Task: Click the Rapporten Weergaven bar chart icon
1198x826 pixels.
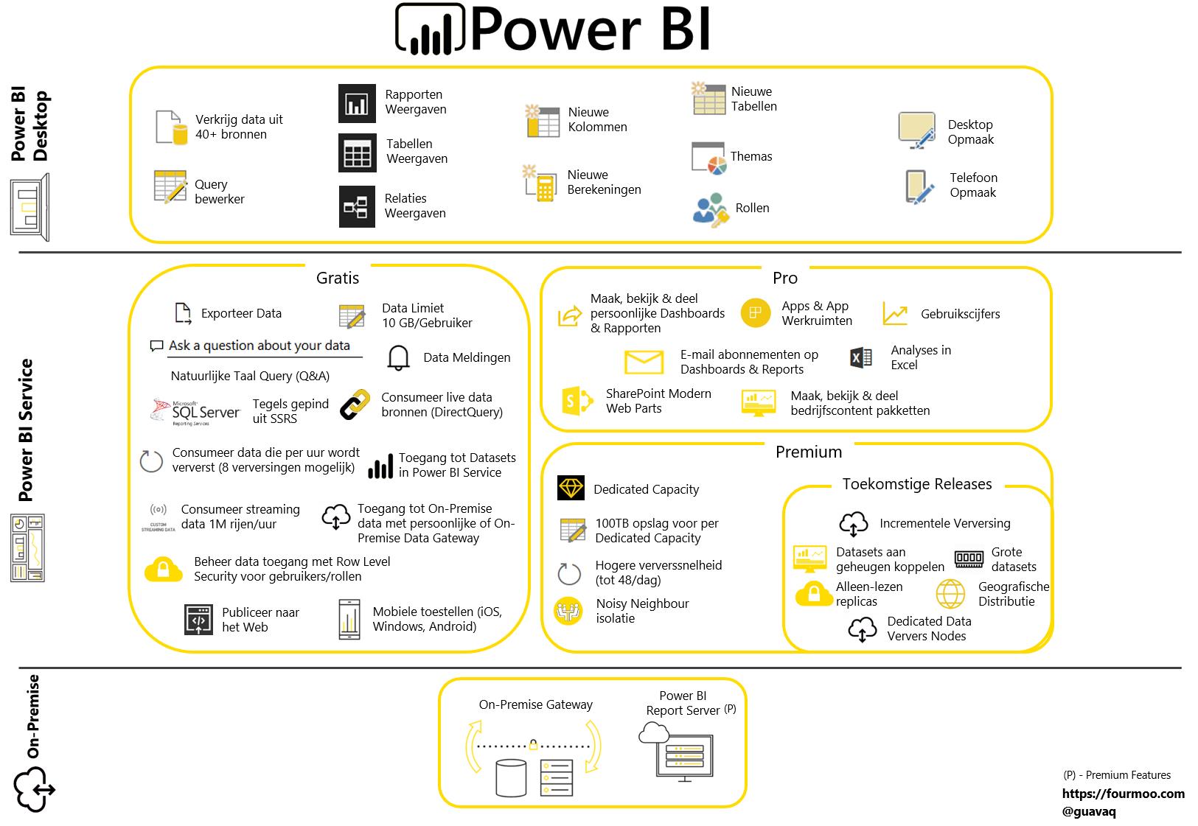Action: point(357,103)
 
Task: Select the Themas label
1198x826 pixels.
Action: point(751,156)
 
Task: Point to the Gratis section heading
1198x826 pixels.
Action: point(338,278)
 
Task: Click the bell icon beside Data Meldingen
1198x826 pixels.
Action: point(398,357)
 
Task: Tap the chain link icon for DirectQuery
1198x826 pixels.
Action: point(355,405)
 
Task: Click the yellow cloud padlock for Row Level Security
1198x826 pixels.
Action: point(164,569)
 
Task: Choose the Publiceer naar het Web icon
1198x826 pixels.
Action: point(198,620)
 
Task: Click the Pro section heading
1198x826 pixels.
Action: point(785,278)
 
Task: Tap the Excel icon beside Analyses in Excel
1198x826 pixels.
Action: point(860,358)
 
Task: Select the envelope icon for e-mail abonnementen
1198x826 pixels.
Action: point(644,362)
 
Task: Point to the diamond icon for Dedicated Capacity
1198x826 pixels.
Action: point(571,488)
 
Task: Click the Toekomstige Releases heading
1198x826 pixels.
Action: point(916,484)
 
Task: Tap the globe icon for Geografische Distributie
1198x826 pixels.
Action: point(950,594)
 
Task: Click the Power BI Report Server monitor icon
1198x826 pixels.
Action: point(683,755)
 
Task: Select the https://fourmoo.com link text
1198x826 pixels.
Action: point(1123,794)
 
